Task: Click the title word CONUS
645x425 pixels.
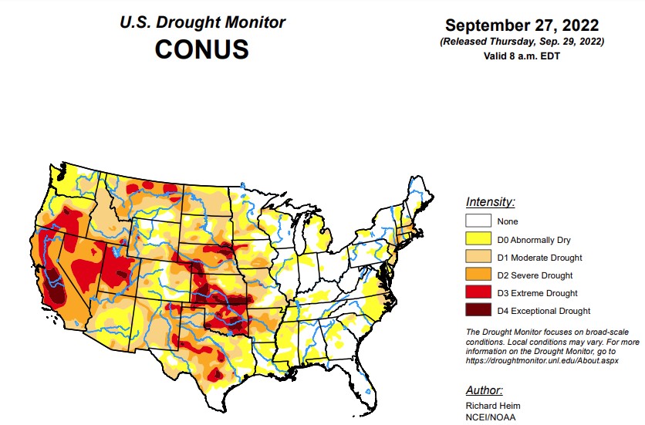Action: tap(201, 49)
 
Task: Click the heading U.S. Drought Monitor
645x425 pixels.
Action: tap(201, 23)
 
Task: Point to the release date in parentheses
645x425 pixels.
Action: tap(522, 41)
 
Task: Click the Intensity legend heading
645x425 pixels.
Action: tap(490, 202)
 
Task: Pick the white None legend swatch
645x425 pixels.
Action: tap(479, 222)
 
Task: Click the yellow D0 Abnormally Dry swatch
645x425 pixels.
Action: tap(479, 240)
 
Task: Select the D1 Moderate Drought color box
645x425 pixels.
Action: tap(479, 258)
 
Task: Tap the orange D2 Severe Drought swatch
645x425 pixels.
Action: tap(479, 275)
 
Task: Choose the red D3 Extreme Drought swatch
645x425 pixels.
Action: tap(479, 293)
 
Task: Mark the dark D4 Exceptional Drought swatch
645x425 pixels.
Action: tap(479, 311)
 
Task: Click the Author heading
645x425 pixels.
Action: tap(485, 390)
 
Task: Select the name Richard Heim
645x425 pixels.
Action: tap(491, 406)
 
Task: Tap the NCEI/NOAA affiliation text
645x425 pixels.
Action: tap(491, 417)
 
